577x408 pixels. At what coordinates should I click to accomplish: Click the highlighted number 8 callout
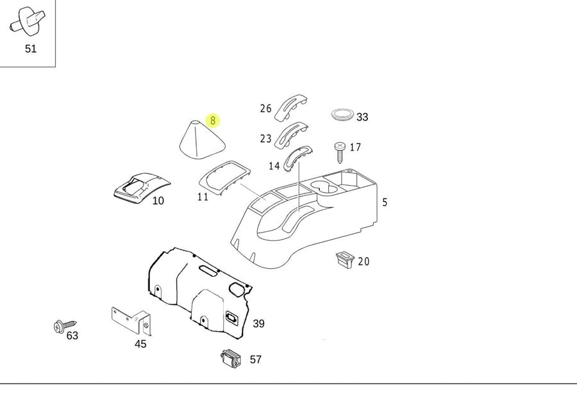(213, 120)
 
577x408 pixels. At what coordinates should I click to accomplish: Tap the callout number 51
(31, 49)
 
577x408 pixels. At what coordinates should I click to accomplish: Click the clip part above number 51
(28, 20)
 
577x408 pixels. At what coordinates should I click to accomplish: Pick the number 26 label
(266, 108)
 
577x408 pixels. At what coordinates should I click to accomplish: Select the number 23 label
(266, 138)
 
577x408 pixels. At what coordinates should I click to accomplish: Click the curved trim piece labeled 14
(297, 157)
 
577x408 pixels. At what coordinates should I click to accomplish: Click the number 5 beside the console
(385, 202)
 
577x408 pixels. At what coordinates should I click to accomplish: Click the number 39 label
(258, 323)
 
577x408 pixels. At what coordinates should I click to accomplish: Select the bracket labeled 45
(131, 321)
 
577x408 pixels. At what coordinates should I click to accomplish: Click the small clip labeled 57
(231, 359)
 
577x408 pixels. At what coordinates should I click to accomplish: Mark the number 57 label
(256, 359)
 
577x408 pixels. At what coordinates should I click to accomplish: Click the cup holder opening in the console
(324, 188)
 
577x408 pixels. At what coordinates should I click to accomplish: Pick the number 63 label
(72, 336)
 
